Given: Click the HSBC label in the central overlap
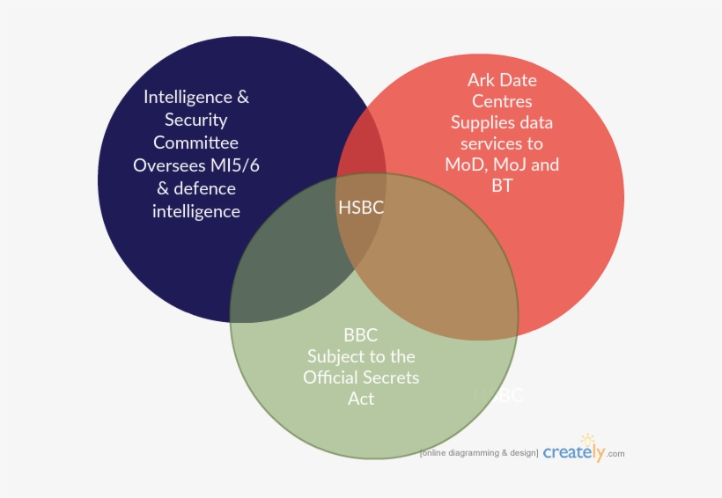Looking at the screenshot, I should pos(361,207).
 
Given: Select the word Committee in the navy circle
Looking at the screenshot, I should pos(195,143).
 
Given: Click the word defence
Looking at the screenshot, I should pos(204,188).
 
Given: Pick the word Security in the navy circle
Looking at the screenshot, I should pos(195,120).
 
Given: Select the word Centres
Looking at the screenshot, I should pos(501,101).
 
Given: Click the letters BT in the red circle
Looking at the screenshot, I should pos(502,186).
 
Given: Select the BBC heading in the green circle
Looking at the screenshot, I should pos(360,335).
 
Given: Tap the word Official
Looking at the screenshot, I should pos(331,377).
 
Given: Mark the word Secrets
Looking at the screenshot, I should pos(391,377).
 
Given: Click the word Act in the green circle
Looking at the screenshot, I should pos(361,399).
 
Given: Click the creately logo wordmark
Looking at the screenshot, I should pos(574,452).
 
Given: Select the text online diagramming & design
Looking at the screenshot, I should pos(479,453).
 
